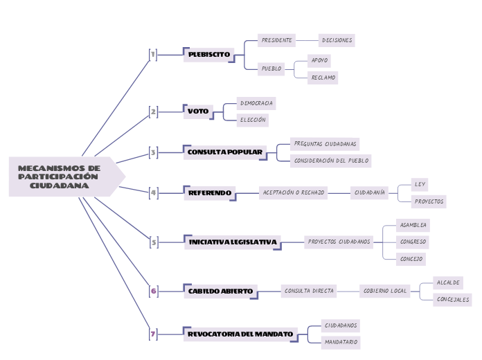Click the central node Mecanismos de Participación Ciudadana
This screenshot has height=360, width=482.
click(x=60, y=177)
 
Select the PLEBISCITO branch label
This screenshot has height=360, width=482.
click(x=208, y=54)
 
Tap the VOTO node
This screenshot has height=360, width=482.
click(x=198, y=111)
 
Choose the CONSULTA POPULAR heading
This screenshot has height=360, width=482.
click(x=225, y=152)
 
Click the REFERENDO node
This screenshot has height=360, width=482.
click(x=210, y=192)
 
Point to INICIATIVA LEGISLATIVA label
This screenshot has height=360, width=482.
click(x=233, y=242)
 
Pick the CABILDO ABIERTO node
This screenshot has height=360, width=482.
click(x=220, y=291)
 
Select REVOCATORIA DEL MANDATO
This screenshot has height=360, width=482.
click(x=240, y=334)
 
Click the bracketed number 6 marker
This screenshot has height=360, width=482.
click(x=153, y=291)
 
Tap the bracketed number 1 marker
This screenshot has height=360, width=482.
click(x=153, y=54)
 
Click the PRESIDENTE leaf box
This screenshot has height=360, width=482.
click(x=276, y=40)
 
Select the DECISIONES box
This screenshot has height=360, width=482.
click(x=337, y=40)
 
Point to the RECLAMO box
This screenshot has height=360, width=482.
click(x=323, y=78)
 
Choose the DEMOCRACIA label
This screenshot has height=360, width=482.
click(x=256, y=103)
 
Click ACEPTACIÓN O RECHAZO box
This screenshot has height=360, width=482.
click(x=293, y=192)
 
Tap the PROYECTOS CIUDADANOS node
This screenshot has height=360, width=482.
click(x=339, y=242)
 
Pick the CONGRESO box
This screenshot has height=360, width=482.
click(x=413, y=242)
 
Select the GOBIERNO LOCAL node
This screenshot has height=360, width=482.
click(x=385, y=291)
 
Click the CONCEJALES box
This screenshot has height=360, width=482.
click(x=453, y=300)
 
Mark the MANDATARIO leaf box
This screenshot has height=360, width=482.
click(x=341, y=342)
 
